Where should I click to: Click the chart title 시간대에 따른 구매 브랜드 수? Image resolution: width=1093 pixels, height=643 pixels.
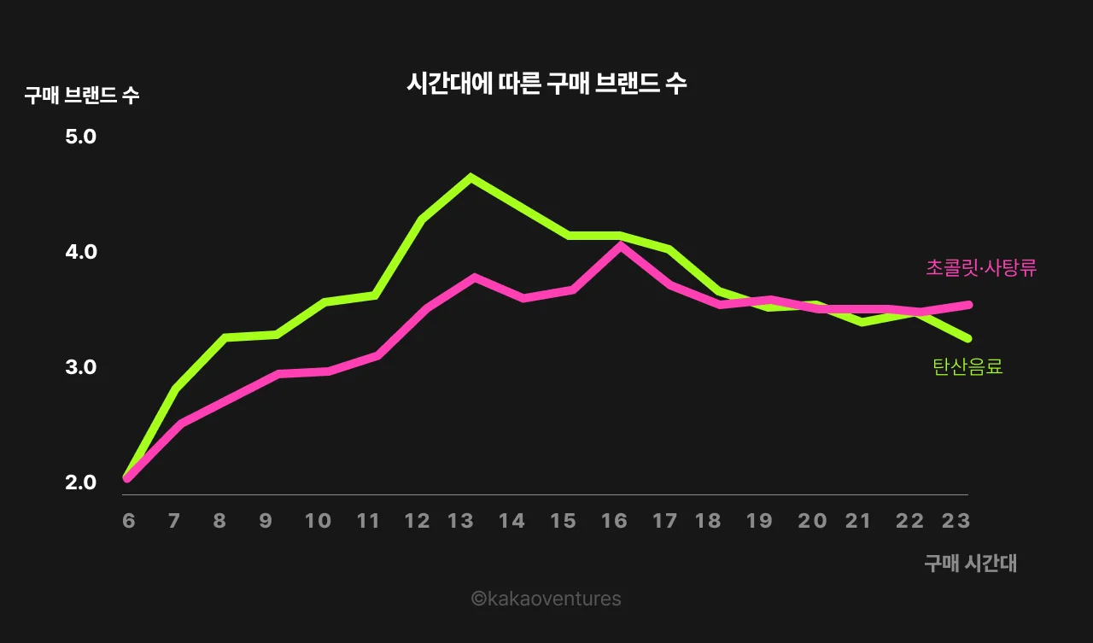(x=546, y=84)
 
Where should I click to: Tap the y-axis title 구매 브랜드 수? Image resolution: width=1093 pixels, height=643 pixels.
(x=82, y=96)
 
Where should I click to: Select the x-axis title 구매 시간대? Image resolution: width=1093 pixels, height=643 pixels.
(x=970, y=563)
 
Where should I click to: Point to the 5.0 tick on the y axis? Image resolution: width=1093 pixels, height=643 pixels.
(x=81, y=137)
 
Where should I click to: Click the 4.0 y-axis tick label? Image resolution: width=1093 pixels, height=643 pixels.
(x=81, y=252)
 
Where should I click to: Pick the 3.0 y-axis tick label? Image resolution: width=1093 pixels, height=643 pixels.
(x=81, y=367)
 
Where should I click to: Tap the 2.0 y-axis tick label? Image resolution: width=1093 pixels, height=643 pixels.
(x=81, y=482)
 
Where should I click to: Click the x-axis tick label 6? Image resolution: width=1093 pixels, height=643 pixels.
(x=129, y=521)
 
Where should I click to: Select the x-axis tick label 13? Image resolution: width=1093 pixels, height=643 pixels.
(x=460, y=521)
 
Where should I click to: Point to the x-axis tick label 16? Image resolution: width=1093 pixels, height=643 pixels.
(x=614, y=521)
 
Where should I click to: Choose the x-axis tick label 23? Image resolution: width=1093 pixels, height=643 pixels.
(x=956, y=521)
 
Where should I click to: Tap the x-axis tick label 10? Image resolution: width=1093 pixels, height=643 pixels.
(x=318, y=521)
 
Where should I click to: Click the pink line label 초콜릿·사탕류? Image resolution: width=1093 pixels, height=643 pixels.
(x=981, y=268)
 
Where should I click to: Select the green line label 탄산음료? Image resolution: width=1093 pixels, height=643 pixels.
(x=967, y=367)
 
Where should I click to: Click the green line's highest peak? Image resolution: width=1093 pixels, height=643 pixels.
(x=471, y=177)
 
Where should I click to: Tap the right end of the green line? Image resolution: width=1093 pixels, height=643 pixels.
(x=967, y=338)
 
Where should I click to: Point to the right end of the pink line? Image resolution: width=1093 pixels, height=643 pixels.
(x=968, y=304)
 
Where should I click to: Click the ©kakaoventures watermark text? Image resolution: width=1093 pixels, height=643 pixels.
(x=546, y=599)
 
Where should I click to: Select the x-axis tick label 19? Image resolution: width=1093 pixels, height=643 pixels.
(x=759, y=521)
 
